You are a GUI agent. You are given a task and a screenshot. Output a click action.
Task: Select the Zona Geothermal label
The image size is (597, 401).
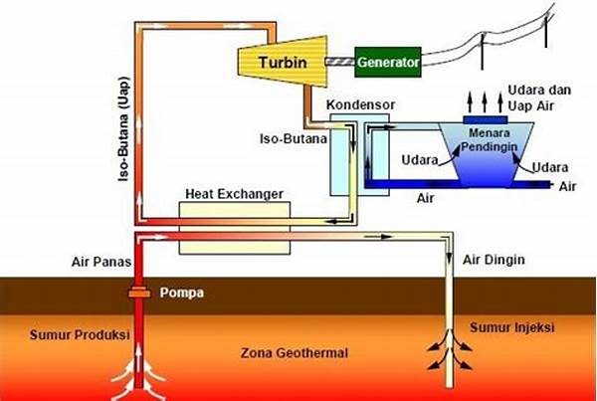tap(286, 353)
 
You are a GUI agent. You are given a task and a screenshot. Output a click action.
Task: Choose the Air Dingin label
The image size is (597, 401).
tap(495, 260)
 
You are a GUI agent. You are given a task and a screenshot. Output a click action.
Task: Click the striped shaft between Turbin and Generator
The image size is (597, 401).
tap(339, 62)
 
